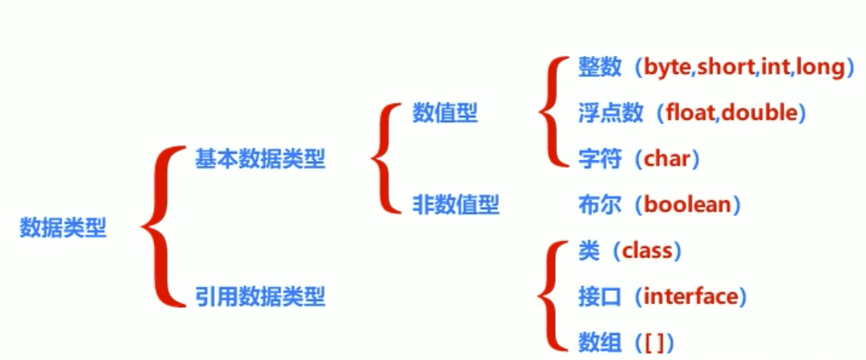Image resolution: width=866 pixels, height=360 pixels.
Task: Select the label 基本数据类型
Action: pyautogui.click(x=260, y=160)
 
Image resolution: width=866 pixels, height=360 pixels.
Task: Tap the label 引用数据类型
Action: pyautogui.click(x=260, y=296)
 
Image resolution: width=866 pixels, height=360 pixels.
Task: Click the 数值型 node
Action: pyautogui.click(x=445, y=114)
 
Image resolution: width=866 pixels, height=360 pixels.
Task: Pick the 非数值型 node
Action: pyautogui.click(x=456, y=205)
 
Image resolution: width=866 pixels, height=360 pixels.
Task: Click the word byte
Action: pyautogui.click(x=668, y=68)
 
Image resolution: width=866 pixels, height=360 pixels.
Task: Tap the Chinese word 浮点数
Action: pyautogui.click(x=611, y=114)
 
